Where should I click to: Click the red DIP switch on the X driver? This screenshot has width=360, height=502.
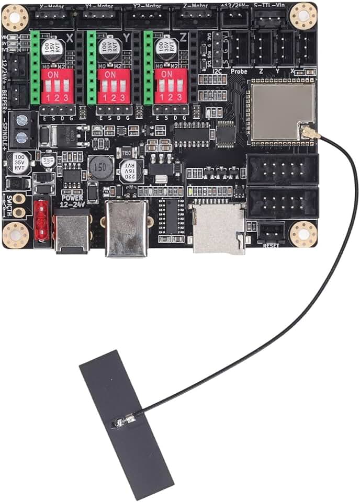(54, 84)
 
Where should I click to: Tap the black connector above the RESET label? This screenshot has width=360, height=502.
(271, 232)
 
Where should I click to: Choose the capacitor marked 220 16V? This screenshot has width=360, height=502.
(130, 170)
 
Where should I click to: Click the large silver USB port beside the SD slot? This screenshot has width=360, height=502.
(126, 229)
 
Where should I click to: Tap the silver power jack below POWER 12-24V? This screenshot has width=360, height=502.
(72, 231)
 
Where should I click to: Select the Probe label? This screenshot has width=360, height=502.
(239, 71)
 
